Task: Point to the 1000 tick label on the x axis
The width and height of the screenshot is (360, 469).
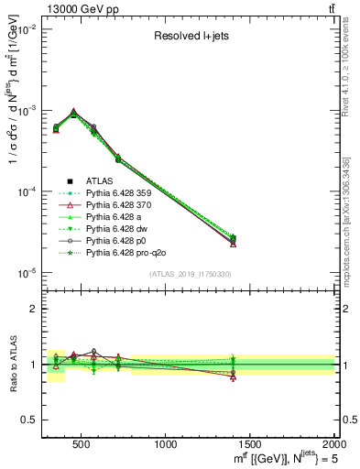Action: pos(166,444)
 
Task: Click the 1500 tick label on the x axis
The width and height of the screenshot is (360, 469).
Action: pos(250,444)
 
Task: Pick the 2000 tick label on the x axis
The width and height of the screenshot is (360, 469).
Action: pos(333,444)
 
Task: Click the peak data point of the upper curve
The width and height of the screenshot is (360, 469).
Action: pos(73,112)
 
